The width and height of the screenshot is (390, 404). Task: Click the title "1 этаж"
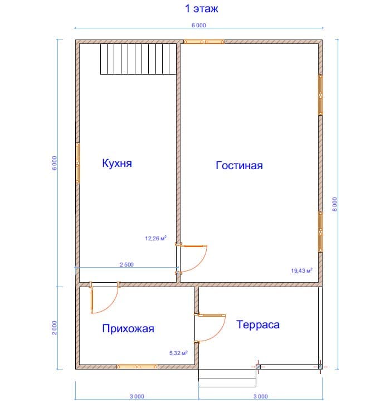click(202, 8)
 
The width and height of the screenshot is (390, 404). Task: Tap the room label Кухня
click(117, 163)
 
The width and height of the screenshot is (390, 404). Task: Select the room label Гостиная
click(239, 165)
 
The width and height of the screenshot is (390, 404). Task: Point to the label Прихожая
click(128, 328)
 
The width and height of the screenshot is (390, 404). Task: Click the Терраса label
click(258, 324)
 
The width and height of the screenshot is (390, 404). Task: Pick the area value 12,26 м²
click(155, 238)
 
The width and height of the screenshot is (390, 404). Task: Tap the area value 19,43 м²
click(301, 270)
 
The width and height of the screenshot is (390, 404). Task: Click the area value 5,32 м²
click(178, 353)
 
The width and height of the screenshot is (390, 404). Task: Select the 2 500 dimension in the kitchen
click(126, 265)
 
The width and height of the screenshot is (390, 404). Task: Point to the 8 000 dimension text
click(334, 204)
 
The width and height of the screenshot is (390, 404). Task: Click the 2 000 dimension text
click(55, 328)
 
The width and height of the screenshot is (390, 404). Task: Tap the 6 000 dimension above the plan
click(198, 25)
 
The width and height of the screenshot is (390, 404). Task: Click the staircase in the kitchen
click(138, 59)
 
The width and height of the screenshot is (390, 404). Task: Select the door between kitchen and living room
click(192, 258)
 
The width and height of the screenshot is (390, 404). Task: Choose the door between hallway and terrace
click(210, 328)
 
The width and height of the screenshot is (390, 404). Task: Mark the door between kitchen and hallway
click(104, 298)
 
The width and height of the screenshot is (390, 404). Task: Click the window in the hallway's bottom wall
click(137, 367)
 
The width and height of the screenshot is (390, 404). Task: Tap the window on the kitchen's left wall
click(77, 164)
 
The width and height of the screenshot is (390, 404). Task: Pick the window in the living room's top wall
click(204, 42)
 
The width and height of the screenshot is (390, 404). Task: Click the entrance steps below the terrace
click(227, 378)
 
